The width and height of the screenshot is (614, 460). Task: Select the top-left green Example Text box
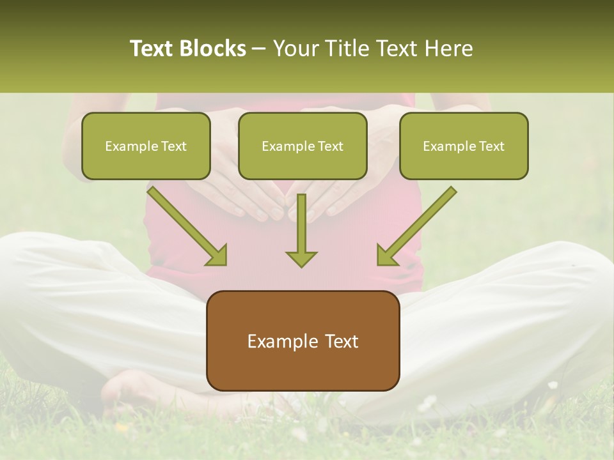[x=146, y=146]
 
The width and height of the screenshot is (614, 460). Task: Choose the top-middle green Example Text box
[x=303, y=146]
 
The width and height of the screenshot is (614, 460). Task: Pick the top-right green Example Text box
[x=464, y=146]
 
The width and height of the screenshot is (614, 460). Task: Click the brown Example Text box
[x=303, y=341]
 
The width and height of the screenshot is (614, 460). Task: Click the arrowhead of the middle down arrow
[x=301, y=257]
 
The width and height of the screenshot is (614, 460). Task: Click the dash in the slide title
[x=259, y=49]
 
